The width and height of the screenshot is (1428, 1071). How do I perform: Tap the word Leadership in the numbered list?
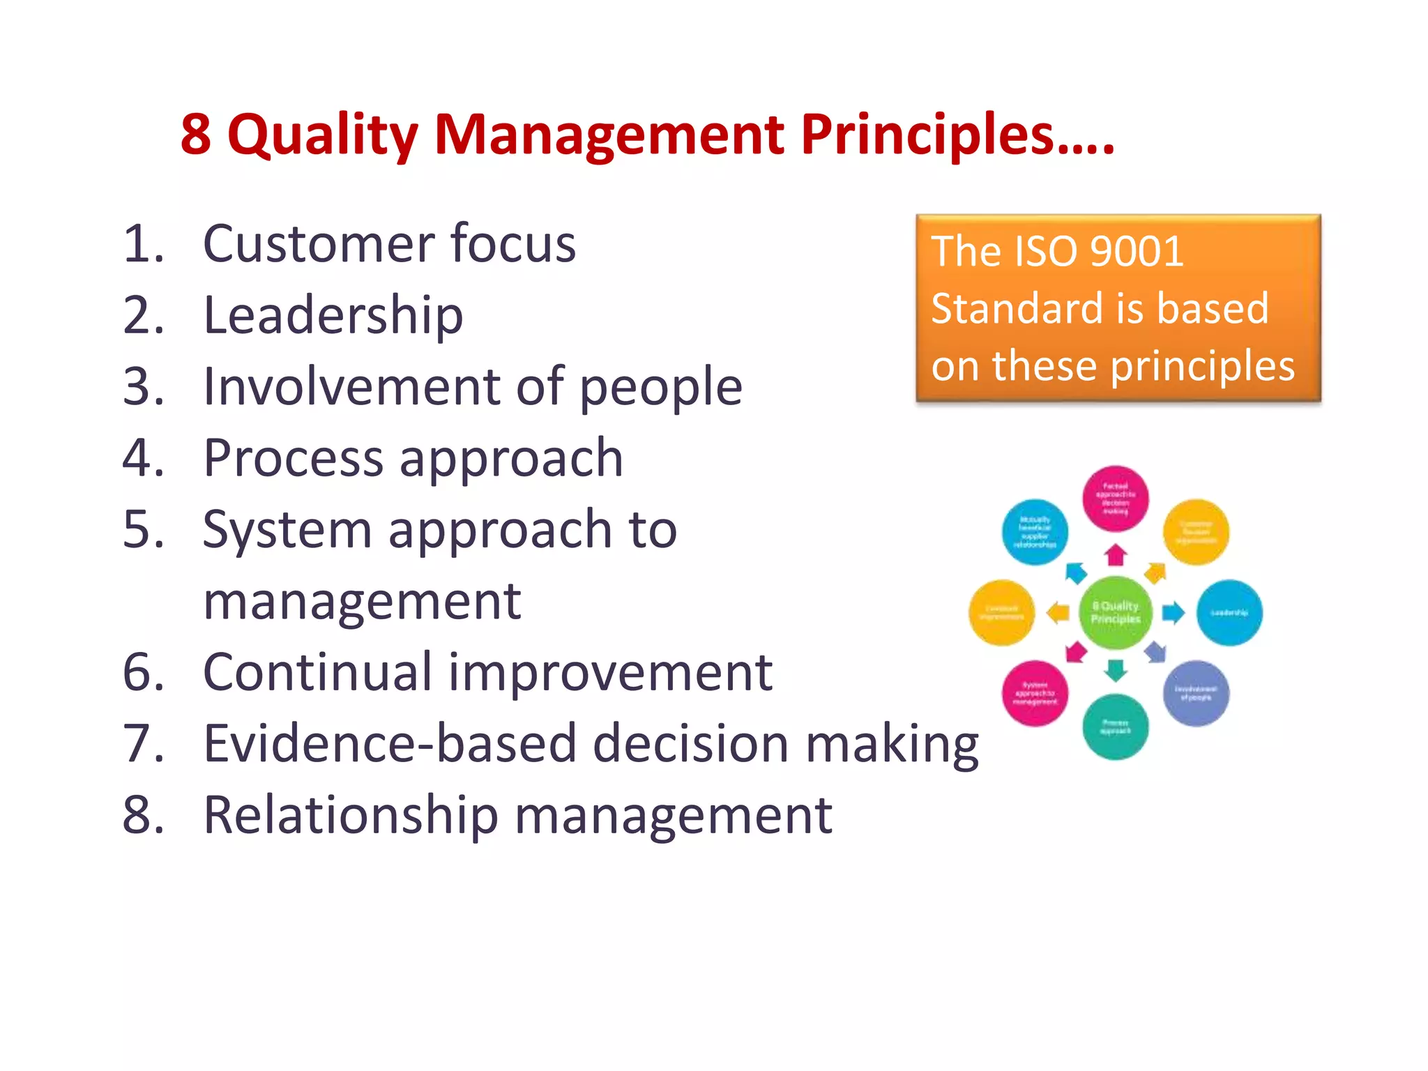click(x=333, y=316)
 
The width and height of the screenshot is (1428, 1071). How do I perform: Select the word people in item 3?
click(x=661, y=388)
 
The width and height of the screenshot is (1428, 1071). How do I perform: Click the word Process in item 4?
click(x=293, y=458)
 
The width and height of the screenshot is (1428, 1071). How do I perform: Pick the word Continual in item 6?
click(x=317, y=672)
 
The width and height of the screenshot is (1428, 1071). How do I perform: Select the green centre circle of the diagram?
click(x=1115, y=612)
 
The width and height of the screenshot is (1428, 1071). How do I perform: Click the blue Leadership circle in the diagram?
click(x=1229, y=612)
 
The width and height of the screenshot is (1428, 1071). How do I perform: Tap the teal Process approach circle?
click(x=1115, y=727)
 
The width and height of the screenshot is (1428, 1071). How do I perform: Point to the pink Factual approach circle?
click(x=1115, y=498)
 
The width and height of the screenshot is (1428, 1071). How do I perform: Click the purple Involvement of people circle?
click(x=1196, y=693)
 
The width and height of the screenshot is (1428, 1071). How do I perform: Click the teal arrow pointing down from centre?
click(x=1116, y=670)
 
